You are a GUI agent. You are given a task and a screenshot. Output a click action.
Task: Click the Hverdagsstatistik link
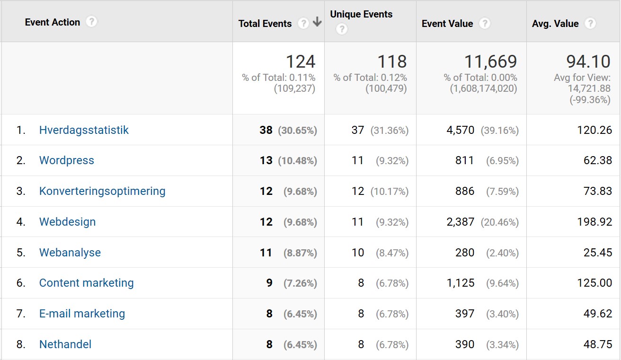(x=84, y=130)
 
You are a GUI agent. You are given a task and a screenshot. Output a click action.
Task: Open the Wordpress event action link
(x=66, y=160)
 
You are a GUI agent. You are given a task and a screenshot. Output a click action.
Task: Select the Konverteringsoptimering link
(x=102, y=191)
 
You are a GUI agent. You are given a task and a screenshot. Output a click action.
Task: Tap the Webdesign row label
(x=67, y=222)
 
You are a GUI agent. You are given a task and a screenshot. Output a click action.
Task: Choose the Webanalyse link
(x=70, y=253)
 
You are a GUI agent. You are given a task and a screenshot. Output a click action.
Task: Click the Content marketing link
(x=86, y=283)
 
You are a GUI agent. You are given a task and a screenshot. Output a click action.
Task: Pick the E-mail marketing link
(x=82, y=314)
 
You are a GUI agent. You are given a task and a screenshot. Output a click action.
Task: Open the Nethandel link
(x=65, y=344)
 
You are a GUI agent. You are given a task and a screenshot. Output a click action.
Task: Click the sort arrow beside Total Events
(x=317, y=23)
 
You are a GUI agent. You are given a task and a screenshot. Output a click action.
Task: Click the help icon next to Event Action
(x=92, y=22)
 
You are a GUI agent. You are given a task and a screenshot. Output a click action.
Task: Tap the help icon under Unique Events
(x=341, y=29)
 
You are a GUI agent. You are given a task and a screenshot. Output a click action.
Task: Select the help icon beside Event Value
(x=484, y=23)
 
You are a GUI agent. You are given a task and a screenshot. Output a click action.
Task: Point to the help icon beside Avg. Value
(x=590, y=23)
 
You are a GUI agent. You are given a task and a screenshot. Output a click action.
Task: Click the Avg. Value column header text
(x=555, y=24)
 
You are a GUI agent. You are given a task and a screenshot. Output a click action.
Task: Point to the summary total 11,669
(x=490, y=61)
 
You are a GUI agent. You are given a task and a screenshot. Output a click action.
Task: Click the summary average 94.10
(x=588, y=61)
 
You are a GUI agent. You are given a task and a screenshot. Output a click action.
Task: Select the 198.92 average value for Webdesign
(x=594, y=222)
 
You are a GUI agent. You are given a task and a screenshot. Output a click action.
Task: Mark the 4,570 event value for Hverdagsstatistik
(x=460, y=130)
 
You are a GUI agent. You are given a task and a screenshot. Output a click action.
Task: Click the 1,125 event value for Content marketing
(x=461, y=283)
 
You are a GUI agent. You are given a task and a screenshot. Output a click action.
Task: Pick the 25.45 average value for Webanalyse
(x=598, y=253)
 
